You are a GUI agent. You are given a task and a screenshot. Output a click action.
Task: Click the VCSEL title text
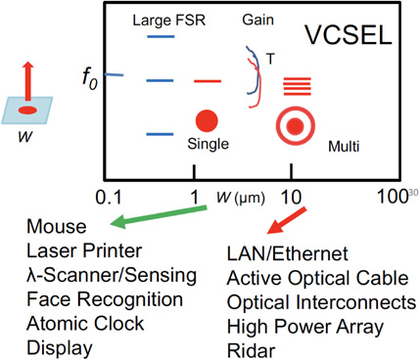(346, 37)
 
